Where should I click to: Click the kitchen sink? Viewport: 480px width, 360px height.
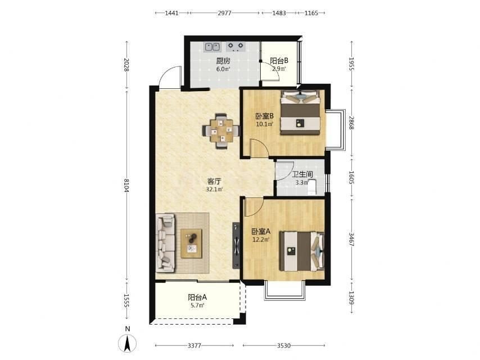click(x=212, y=47)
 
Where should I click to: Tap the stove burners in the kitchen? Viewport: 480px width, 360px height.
click(x=236, y=47)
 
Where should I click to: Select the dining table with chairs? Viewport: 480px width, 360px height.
click(x=221, y=131)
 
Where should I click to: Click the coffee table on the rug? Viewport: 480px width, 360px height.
click(x=191, y=244)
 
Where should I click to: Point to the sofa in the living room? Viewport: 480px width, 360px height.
click(x=165, y=243)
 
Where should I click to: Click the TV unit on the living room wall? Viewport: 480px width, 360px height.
click(x=236, y=245)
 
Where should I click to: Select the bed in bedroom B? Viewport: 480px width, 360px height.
click(x=300, y=112)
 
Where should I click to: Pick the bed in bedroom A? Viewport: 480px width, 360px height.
click(x=302, y=251)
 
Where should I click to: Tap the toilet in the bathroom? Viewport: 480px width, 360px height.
click(x=311, y=187)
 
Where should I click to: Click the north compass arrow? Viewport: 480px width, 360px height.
click(x=128, y=343)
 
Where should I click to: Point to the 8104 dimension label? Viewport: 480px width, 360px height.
click(x=126, y=185)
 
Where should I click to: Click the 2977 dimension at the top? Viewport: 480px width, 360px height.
click(x=225, y=13)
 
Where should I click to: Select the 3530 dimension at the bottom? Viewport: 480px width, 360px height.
click(x=284, y=345)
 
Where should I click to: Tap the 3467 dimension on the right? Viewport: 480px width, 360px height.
click(x=351, y=240)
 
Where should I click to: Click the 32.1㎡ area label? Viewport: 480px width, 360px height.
click(x=214, y=190)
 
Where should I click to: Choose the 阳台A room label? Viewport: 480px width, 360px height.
click(x=197, y=297)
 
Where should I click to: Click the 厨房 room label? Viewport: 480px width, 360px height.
click(x=223, y=61)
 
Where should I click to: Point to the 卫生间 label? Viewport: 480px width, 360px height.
click(x=302, y=174)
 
